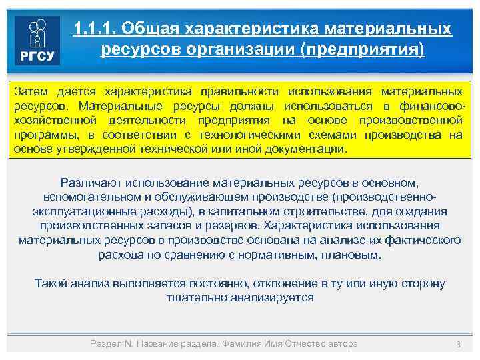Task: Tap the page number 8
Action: pyautogui.click(x=458, y=344)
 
